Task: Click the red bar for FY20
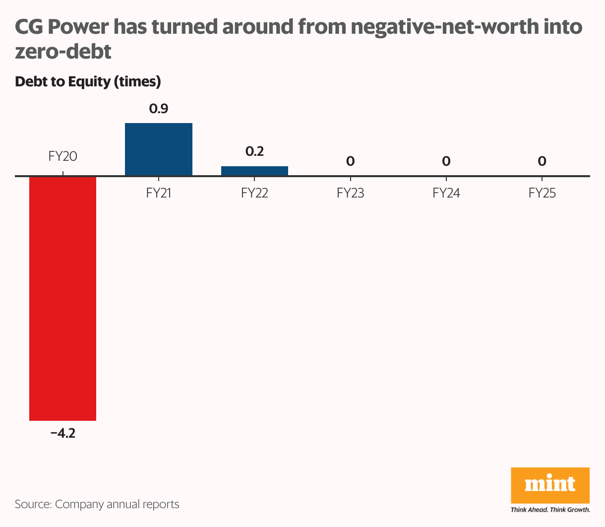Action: [62, 298]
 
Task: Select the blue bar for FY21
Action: [158, 149]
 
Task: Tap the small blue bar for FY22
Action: [254, 171]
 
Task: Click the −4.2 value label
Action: [62, 433]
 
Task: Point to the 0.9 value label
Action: [159, 109]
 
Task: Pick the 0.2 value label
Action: [254, 151]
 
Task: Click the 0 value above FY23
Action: [350, 161]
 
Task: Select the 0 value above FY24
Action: [446, 161]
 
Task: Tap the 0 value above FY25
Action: [542, 161]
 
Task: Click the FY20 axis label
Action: [62, 156]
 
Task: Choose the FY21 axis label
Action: [159, 193]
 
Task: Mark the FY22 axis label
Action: [254, 193]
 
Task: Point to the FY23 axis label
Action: [350, 193]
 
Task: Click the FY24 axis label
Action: [446, 193]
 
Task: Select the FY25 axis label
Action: [542, 193]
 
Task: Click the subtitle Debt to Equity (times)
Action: [88, 81]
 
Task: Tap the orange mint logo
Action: [550, 485]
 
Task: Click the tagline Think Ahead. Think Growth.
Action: [550, 510]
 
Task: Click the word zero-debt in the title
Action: [63, 51]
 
